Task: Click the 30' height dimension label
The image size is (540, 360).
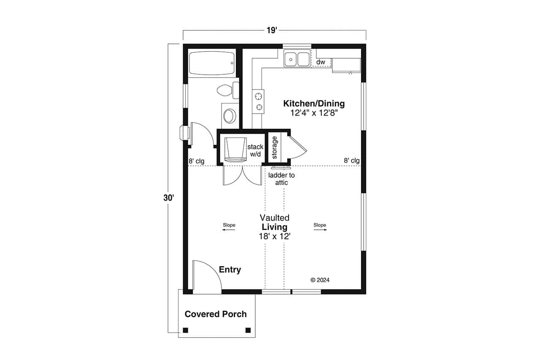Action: (169, 198)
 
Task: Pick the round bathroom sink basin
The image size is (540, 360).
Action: (230, 115)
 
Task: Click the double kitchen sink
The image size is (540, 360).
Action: (297, 59)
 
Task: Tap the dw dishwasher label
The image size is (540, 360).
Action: (321, 62)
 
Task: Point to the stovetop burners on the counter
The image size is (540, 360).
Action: (258, 102)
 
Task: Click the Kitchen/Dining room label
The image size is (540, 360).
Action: (314, 103)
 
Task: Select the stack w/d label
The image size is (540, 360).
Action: (256, 150)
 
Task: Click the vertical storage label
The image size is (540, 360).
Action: (274, 147)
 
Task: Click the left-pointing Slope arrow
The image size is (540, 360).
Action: (229, 228)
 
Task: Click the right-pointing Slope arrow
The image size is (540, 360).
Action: (320, 228)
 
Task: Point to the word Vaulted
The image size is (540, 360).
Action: (274, 218)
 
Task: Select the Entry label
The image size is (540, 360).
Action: (230, 270)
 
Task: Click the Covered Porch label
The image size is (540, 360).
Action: (216, 314)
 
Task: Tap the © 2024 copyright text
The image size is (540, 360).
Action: (320, 280)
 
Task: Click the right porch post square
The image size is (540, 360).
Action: (248, 330)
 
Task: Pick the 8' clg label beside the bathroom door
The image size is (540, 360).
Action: (197, 161)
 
